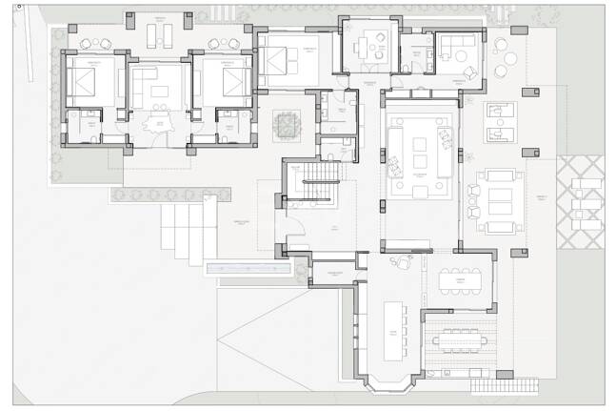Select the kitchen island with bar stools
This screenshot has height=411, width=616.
coord(393,330)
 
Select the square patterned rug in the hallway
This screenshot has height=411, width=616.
coord(286,125)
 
